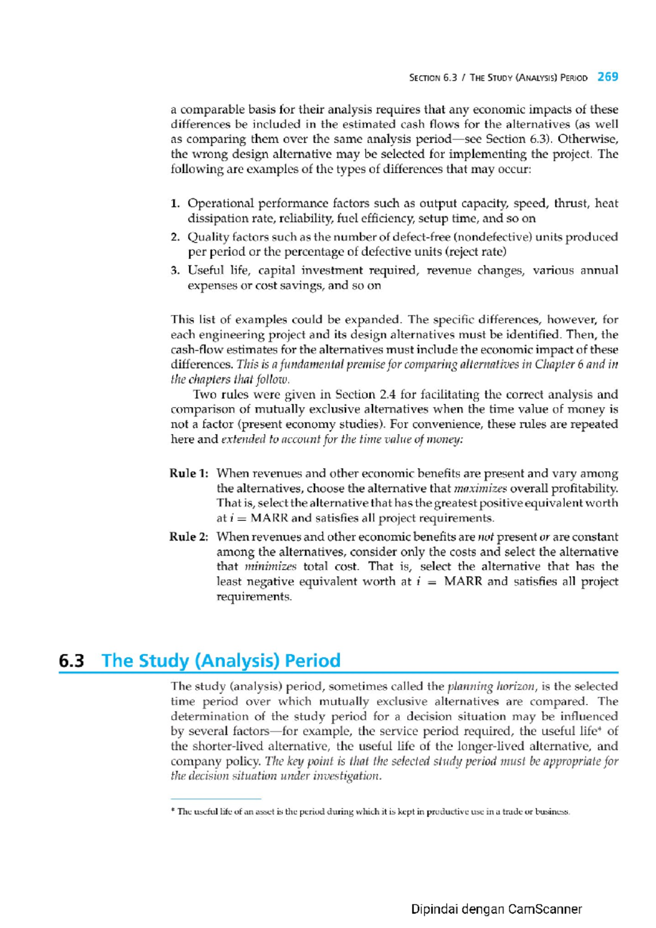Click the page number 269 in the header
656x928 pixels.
point(607,77)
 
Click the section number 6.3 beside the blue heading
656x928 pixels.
point(72,661)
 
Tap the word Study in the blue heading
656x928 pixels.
point(165,661)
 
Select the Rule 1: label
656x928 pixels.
point(189,473)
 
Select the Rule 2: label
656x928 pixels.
point(189,537)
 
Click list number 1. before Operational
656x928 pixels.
point(175,204)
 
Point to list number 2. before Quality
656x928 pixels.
point(175,237)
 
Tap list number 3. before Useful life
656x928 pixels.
point(175,271)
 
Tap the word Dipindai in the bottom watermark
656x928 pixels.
point(434,909)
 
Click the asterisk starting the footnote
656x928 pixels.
point(173,812)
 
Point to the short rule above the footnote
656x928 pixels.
point(216,799)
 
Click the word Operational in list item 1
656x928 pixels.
point(220,204)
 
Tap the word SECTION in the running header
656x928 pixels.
point(425,78)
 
